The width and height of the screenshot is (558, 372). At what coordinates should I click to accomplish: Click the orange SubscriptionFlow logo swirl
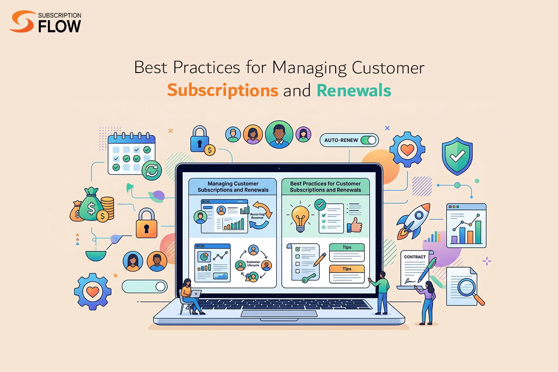tap(22, 21)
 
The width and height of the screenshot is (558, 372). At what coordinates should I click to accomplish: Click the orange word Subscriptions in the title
tap(223, 91)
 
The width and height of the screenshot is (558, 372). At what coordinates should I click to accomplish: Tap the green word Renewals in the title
tap(354, 90)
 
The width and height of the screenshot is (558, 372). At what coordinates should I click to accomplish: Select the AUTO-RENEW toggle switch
tap(369, 140)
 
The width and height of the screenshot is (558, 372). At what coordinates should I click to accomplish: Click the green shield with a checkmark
tap(457, 156)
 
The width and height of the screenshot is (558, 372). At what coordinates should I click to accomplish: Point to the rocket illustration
tap(413, 221)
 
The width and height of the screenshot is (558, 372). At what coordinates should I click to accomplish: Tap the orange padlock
tap(146, 223)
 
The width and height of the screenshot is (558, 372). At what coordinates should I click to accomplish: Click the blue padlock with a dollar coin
tap(202, 140)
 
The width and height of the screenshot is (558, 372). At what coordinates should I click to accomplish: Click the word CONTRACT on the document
tap(415, 257)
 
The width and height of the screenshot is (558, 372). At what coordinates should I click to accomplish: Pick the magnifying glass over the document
tap(470, 290)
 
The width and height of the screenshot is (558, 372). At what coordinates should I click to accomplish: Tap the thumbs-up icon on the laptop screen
tap(354, 225)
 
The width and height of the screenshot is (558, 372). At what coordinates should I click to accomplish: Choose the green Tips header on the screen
tap(347, 247)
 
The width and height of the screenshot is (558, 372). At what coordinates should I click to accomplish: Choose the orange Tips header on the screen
tap(347, 269)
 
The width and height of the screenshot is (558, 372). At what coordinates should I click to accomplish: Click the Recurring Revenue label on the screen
tap(257, 216)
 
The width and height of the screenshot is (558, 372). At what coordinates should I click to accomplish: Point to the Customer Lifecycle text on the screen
tap(253, 264)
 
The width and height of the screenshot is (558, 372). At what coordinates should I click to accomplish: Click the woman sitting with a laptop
tap(191, 297)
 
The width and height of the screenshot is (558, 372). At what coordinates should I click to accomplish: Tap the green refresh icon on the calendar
tap(152, 171)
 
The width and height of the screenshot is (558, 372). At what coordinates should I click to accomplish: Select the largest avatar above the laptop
tap(279, 134)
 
